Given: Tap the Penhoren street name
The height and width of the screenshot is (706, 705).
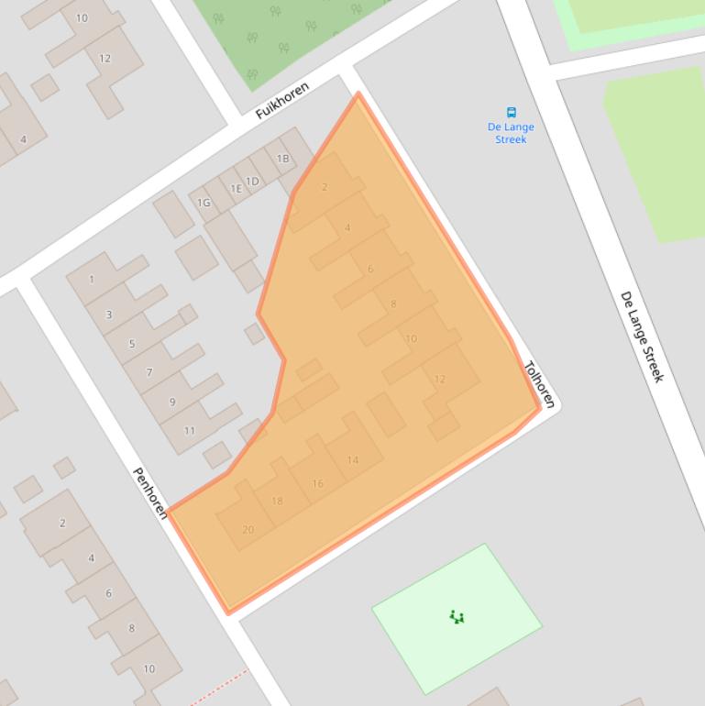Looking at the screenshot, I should tap(150, 492).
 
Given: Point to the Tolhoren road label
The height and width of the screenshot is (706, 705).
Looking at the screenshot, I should tap(539, 384).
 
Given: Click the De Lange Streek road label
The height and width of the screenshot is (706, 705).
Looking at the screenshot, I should tap(642, 336).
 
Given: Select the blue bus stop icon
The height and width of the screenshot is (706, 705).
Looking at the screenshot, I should tap(512, 113).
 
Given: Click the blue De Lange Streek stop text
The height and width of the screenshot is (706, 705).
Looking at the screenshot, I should tap(512, 133).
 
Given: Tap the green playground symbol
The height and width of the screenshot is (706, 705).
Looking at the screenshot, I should tap(457, 617).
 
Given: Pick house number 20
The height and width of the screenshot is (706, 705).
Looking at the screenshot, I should tap(248, 529).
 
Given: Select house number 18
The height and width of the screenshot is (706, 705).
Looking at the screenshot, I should tap(277, 501).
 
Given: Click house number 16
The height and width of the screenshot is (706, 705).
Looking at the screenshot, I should tap(317, 483).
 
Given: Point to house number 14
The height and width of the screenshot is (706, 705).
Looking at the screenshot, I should tap(353, 460).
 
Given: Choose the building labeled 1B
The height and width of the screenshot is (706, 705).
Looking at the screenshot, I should tap(283, 159).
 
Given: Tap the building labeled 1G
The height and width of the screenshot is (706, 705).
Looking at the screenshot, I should tap(204, 203).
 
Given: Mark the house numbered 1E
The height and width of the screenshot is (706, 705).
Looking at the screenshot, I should tap(236, 189).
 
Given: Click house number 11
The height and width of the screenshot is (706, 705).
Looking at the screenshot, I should tap(189, 430).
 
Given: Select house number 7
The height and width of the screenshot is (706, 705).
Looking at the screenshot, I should tap(149, 373).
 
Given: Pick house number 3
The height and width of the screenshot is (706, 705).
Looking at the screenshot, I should tap(109, 314).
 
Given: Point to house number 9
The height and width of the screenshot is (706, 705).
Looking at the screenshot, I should tap(171, 402).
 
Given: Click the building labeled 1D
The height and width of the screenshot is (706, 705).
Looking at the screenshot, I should tap(252, 181).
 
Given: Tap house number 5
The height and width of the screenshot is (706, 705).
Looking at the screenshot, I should tap(131, 344).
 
